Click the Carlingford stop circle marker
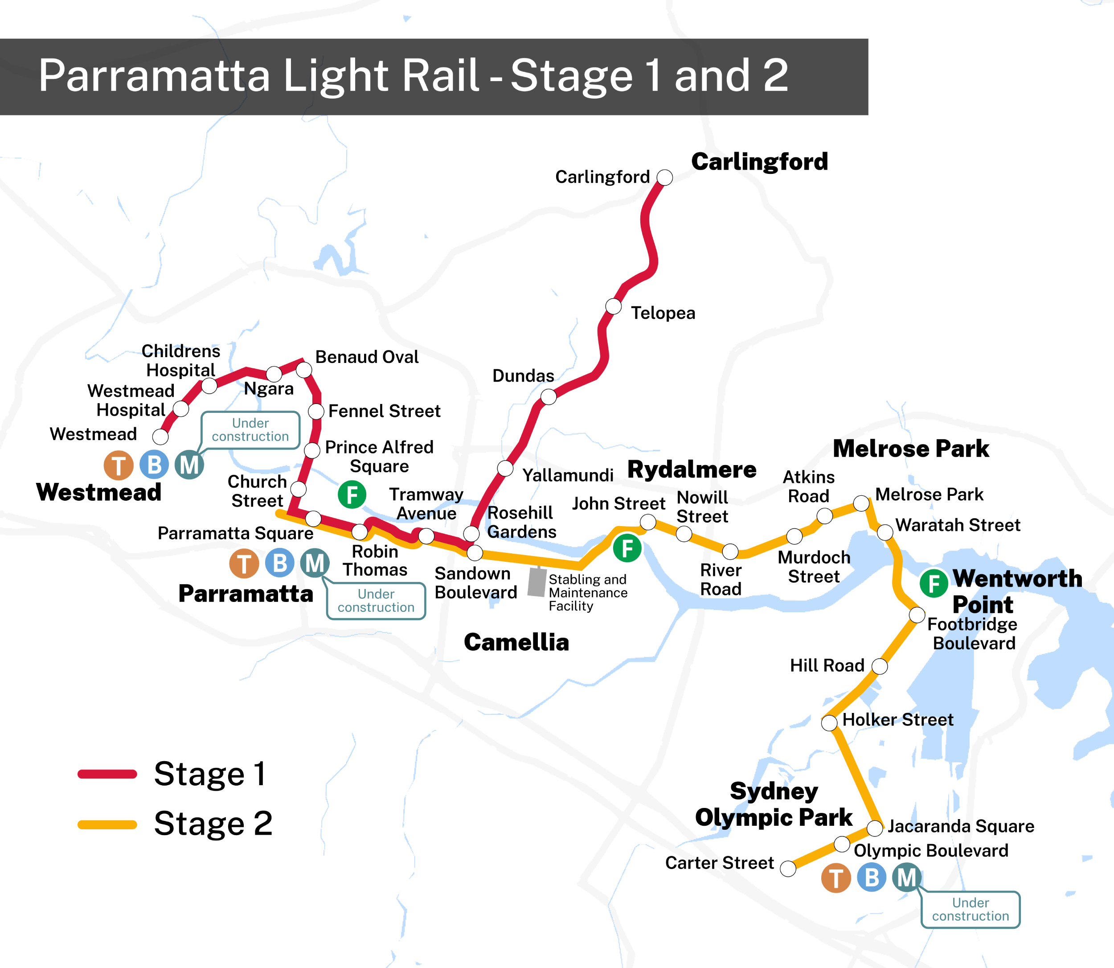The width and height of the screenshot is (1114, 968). (664, 177)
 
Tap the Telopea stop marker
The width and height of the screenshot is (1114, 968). (613, 306)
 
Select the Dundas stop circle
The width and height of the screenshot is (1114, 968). (549, 397)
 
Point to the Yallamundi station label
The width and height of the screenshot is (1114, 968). (568, 475)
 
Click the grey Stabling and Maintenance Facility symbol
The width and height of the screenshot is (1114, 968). (537, 582)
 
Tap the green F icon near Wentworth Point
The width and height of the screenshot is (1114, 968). (934, 583)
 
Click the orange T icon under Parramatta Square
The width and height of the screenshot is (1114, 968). (244, 564)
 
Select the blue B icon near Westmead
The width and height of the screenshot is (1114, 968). (154, 465)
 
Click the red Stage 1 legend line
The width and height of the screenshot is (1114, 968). (107, 774)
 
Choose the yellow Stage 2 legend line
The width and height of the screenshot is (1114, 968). (107, 824)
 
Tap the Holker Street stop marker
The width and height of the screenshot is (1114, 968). (829, 723)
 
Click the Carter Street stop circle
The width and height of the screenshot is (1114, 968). (788, 869)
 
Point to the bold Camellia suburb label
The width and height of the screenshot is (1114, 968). (516, 642)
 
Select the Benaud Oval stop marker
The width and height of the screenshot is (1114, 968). (304, 370)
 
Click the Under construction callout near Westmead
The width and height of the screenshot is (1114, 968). (250, 430)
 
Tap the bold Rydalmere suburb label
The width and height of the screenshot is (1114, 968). (692, 470)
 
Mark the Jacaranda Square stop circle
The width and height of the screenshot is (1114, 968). (874, 828)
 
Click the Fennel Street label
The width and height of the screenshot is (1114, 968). (384, 411)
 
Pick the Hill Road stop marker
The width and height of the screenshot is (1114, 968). (880, 666)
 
